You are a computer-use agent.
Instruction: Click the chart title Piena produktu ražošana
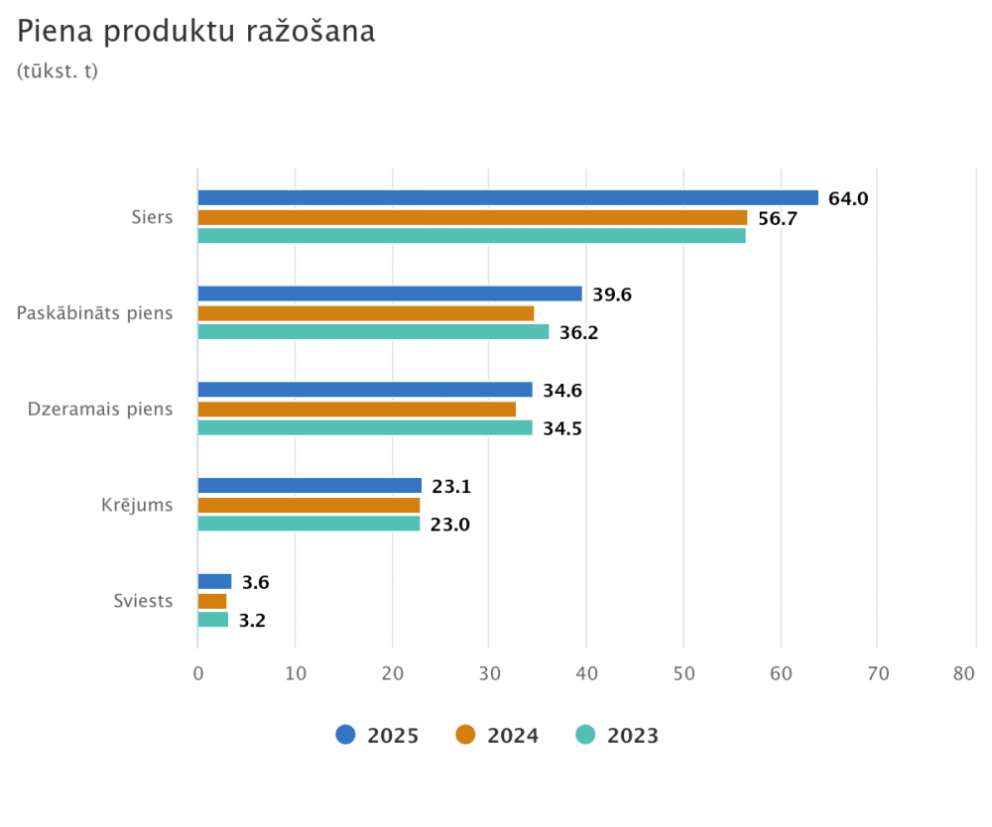(196, 32)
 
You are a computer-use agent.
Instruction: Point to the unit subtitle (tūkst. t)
(58, 71)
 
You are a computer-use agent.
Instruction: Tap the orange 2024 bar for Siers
(472, 217)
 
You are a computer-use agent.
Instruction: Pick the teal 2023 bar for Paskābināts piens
(373, 332)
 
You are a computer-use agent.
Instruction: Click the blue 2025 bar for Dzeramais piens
(365, 390)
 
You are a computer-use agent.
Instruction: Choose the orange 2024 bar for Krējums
(309, 505)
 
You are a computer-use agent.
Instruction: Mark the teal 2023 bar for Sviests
(213, 620)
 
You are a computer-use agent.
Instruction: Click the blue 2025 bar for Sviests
(214, 582)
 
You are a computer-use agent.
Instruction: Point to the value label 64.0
(848, 198)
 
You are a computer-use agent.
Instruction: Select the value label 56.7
(778, 218)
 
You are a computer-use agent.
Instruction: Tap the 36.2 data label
(578, 333)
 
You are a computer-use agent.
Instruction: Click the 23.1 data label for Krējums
(451, 486)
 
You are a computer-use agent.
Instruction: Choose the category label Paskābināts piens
(95, 313)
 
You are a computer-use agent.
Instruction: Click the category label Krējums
(137, 505)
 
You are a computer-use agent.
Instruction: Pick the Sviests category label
(143, 601)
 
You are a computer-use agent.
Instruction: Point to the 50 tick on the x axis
(683, 674)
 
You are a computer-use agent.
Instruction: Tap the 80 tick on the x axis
(964, 674)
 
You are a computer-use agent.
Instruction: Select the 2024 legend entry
(497, 735)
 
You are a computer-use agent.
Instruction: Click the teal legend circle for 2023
(586, 735)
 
